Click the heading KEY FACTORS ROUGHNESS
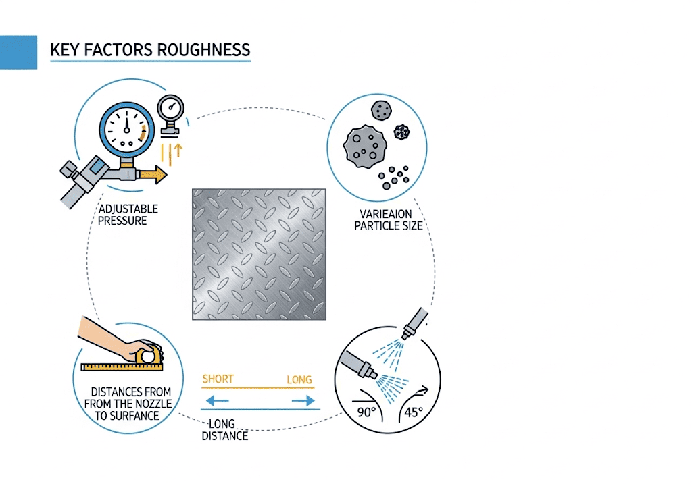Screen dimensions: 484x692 pos(150,50)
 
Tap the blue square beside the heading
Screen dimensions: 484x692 pos(18,52)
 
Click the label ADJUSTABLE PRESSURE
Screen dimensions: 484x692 pos(123,215)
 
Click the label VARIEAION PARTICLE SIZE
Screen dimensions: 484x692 pos(389,220)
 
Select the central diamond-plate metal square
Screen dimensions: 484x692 pos(259,254)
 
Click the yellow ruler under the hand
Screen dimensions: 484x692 pos(122,367)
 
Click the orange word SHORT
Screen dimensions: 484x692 pos(218,379)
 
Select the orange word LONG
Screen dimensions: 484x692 pos(299,379)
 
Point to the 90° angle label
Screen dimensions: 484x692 pos(366,412)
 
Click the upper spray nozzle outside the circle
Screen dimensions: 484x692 pos(414,323)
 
